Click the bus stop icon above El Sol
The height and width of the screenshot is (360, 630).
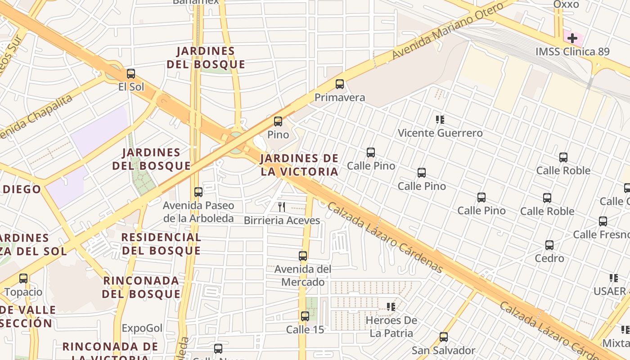[131, 74]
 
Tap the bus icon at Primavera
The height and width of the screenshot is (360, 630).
[340, 84]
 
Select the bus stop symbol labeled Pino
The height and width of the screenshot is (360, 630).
[278, 121]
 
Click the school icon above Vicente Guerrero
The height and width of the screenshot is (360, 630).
[440, 120]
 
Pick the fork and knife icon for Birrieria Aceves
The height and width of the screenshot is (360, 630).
[282, 207]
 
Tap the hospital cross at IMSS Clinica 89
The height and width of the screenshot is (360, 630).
[572, 38]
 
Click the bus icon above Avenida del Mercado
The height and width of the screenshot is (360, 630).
[303, 256]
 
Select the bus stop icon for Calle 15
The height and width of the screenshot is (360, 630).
[305, 316]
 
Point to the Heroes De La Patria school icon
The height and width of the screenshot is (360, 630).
[391, 307]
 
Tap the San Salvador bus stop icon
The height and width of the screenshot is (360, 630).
[444, 337]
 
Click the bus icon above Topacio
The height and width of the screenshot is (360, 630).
[23, 279]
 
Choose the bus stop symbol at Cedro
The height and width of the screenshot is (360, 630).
[549, 245]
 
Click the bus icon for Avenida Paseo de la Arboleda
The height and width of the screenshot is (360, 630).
[198, 192]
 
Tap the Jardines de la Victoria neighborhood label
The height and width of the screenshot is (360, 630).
[299, 165]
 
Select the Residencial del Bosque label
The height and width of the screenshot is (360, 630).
[161, 243]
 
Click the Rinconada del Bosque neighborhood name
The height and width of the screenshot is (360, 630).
[141, 287]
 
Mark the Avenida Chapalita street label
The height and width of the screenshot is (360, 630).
[36, 117]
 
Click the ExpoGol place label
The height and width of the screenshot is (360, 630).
[142, 328]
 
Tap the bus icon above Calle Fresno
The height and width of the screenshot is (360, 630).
[603, 221]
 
